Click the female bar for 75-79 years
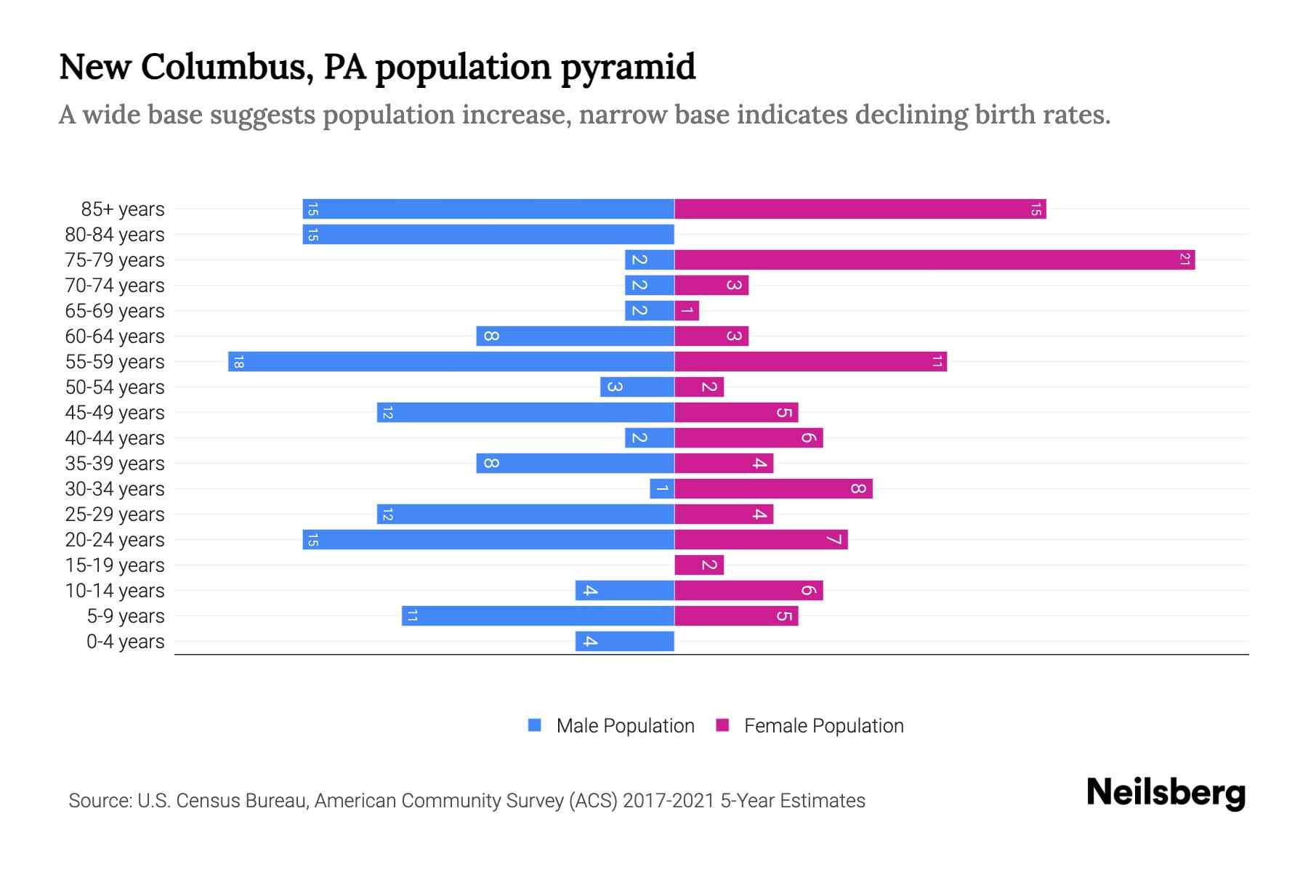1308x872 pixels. [934, 259]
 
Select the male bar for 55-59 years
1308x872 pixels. [451, 361]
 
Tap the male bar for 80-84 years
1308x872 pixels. [488, 234]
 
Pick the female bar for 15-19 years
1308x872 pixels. [699, 565]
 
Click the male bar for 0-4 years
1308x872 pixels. [625, 641]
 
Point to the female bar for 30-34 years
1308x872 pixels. [773, 488]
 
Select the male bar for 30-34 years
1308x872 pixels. [662, 488]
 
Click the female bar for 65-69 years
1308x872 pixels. [687, 310]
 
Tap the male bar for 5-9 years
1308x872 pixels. [538, 615]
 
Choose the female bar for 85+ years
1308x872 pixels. [860, 209]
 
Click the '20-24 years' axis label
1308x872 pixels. [115, 540]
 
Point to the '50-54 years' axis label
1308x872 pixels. [115, 387]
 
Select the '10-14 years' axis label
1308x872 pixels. [115, 591]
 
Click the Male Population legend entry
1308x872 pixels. [625, 725]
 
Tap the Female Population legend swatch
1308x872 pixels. [722, 725]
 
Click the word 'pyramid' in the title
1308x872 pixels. [628, 67]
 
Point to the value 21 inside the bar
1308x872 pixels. [1184, 259]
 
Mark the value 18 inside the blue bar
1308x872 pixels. [238, 361]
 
